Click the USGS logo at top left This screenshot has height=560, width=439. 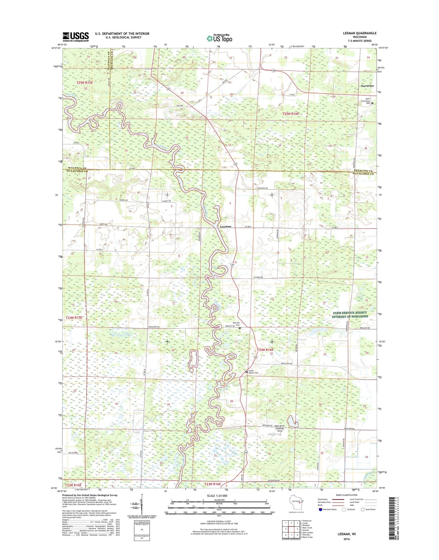pyautogui.click(x=76, y=37)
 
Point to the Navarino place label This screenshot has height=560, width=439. pyautogui.click(x=367, y=86)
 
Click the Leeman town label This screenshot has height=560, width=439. pyautogui.click(x=225, y=226)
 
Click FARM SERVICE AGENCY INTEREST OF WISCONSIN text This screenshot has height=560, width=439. pyautogui.click(x=350, y=315)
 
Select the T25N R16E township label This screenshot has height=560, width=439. pyautogui.click(x=291, y=114)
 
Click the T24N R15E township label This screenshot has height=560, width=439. pyautogui.click(x=74, y=317)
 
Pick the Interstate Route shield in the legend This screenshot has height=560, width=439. pyautogui.click(x=320, y=509)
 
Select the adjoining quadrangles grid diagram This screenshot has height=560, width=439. pyautogui.click(x=291, y=529)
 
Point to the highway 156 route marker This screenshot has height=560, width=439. pyautogui.click(x=273, y=71)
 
